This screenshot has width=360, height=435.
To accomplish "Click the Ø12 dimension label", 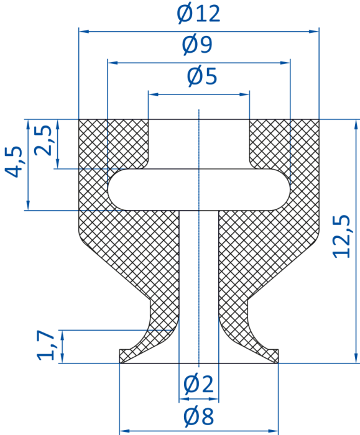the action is [198, 14].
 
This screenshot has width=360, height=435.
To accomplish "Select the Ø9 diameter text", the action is [197, 45].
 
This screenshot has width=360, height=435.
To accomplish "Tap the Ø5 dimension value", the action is [202, 76].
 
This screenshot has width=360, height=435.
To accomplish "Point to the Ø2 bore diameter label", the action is [199, 384].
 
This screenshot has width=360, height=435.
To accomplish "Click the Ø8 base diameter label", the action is [199, 416].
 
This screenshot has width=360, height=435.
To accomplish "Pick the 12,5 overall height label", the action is [341, 237].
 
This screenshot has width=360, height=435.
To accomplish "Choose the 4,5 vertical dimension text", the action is [13, 162].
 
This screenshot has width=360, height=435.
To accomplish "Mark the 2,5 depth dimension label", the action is [42, 140].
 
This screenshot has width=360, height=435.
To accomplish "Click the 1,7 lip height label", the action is [46, 346].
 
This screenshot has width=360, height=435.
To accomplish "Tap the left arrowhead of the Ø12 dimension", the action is [83, 32].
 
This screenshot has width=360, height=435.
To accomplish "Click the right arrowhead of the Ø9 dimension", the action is [286, 63].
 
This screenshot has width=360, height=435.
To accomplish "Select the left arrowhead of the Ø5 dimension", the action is [152, 94].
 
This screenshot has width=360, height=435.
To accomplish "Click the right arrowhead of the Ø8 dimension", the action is [274, 431].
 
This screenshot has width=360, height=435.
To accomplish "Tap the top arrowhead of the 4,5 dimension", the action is [28, 124].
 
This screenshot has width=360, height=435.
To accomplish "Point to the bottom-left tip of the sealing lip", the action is [119, 363].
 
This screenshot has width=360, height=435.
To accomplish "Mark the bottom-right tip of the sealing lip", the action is [278, 363].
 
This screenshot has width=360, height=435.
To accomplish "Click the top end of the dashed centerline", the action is [199, 110].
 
